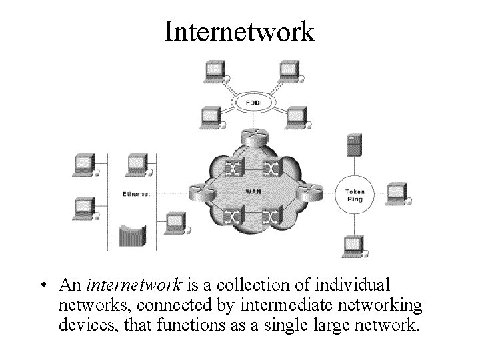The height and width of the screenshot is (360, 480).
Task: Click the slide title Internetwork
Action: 239,31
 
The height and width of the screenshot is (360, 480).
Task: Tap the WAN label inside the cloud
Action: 253,191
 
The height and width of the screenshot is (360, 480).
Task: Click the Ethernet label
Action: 137,194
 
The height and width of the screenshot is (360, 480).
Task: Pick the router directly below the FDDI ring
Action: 253,136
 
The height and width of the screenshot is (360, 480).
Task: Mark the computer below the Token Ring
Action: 354,246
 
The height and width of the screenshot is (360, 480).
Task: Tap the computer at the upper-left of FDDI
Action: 215,69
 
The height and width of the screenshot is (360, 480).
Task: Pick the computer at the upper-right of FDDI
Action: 289,69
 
